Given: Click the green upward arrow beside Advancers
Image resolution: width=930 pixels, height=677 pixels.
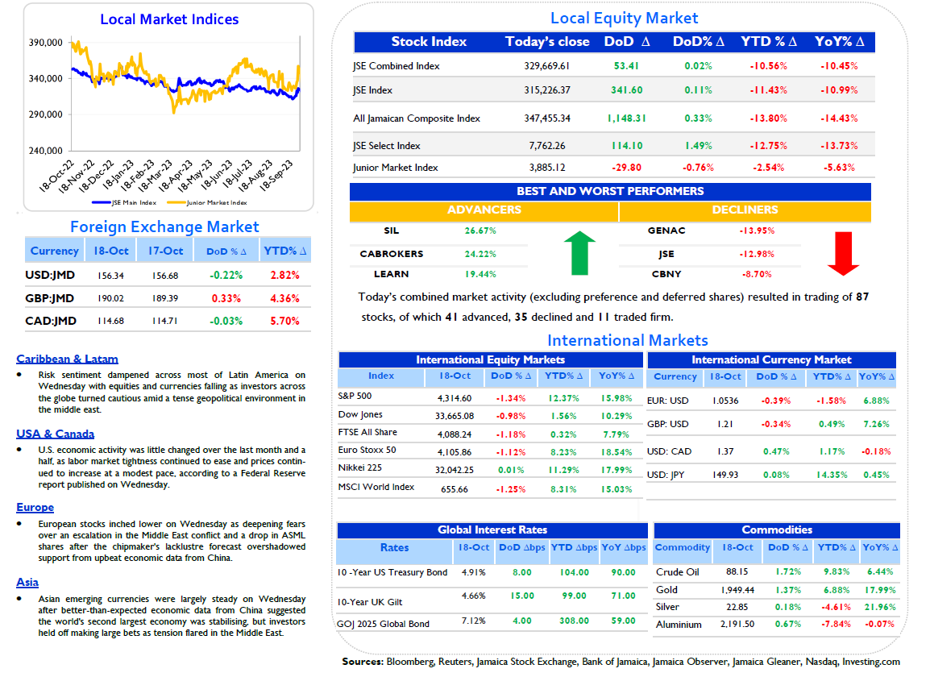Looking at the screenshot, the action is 579,253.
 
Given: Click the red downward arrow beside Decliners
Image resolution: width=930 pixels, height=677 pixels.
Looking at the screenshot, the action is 843,253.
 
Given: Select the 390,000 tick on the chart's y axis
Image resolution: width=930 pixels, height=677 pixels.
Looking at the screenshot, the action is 46,43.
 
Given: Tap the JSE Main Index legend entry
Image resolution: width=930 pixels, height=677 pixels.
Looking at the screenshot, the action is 125,203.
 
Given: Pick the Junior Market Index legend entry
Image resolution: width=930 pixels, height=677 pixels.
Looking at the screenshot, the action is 207,203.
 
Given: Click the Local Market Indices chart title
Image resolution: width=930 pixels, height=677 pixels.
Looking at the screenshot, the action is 169,19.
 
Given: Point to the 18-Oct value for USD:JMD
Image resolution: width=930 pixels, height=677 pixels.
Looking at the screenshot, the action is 111,276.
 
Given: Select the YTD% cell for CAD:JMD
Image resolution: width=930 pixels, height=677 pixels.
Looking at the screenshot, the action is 284,321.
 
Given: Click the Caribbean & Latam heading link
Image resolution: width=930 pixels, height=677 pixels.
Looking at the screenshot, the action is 67,359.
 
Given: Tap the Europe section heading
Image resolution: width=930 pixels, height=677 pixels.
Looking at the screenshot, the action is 35,507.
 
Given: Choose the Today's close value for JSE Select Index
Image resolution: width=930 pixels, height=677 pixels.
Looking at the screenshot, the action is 547,146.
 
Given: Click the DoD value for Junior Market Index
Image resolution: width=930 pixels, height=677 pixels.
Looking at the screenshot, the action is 627,168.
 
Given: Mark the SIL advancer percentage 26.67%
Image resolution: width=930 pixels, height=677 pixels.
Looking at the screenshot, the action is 480,231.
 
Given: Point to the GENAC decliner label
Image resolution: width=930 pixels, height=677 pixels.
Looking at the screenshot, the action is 666,231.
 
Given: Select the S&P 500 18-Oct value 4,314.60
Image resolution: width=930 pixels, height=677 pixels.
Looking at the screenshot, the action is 455,399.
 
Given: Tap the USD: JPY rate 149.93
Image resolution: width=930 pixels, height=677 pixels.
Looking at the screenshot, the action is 725,476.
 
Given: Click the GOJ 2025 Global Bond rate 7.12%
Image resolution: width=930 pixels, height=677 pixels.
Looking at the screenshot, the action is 473,621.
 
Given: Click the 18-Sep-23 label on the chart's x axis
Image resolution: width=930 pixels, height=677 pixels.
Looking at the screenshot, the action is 276,176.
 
